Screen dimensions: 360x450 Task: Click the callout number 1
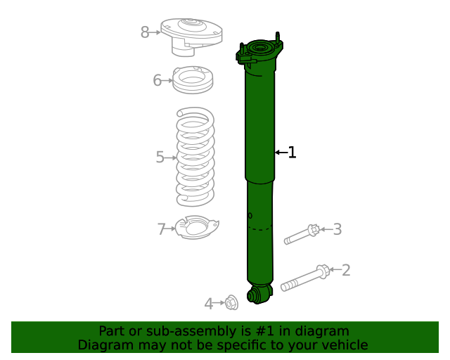292,152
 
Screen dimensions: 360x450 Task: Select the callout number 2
345,269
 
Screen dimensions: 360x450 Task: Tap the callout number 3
337,229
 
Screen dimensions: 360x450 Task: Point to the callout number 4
209,304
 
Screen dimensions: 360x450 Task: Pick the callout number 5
160,157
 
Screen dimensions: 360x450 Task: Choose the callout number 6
157,80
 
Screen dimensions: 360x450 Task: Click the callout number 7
162,229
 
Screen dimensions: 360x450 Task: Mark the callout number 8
145,32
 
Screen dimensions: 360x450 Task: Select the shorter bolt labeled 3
302,235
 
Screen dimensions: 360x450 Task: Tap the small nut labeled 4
231,303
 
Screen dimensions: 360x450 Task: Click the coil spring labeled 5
195,156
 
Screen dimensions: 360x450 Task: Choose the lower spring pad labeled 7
196,228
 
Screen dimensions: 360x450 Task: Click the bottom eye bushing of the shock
258,294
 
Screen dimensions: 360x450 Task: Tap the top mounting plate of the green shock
260,52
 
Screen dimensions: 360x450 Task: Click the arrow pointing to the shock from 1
280,152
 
